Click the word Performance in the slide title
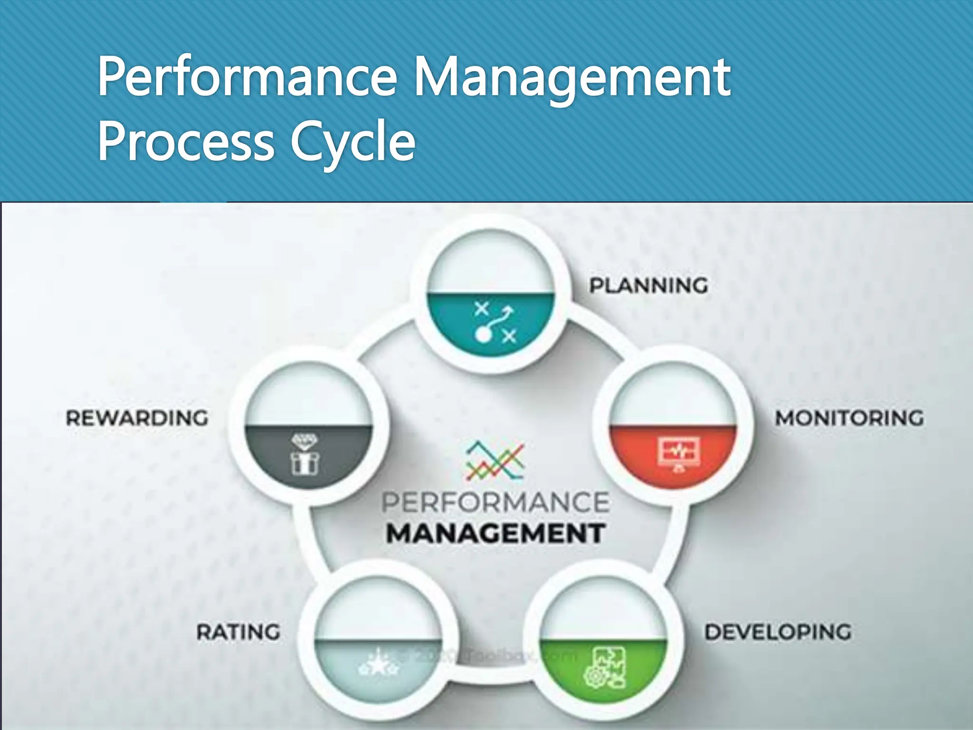click(247, 77)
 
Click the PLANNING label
click(649, 286)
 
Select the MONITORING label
click(849, 418)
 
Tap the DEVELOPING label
click(778, 632)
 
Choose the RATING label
click(238, 632)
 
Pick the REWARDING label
click(137, 418)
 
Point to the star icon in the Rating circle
click(378, 665)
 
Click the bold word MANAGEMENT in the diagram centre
click(495, 533)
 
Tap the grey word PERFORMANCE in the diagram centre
click(495, 503)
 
